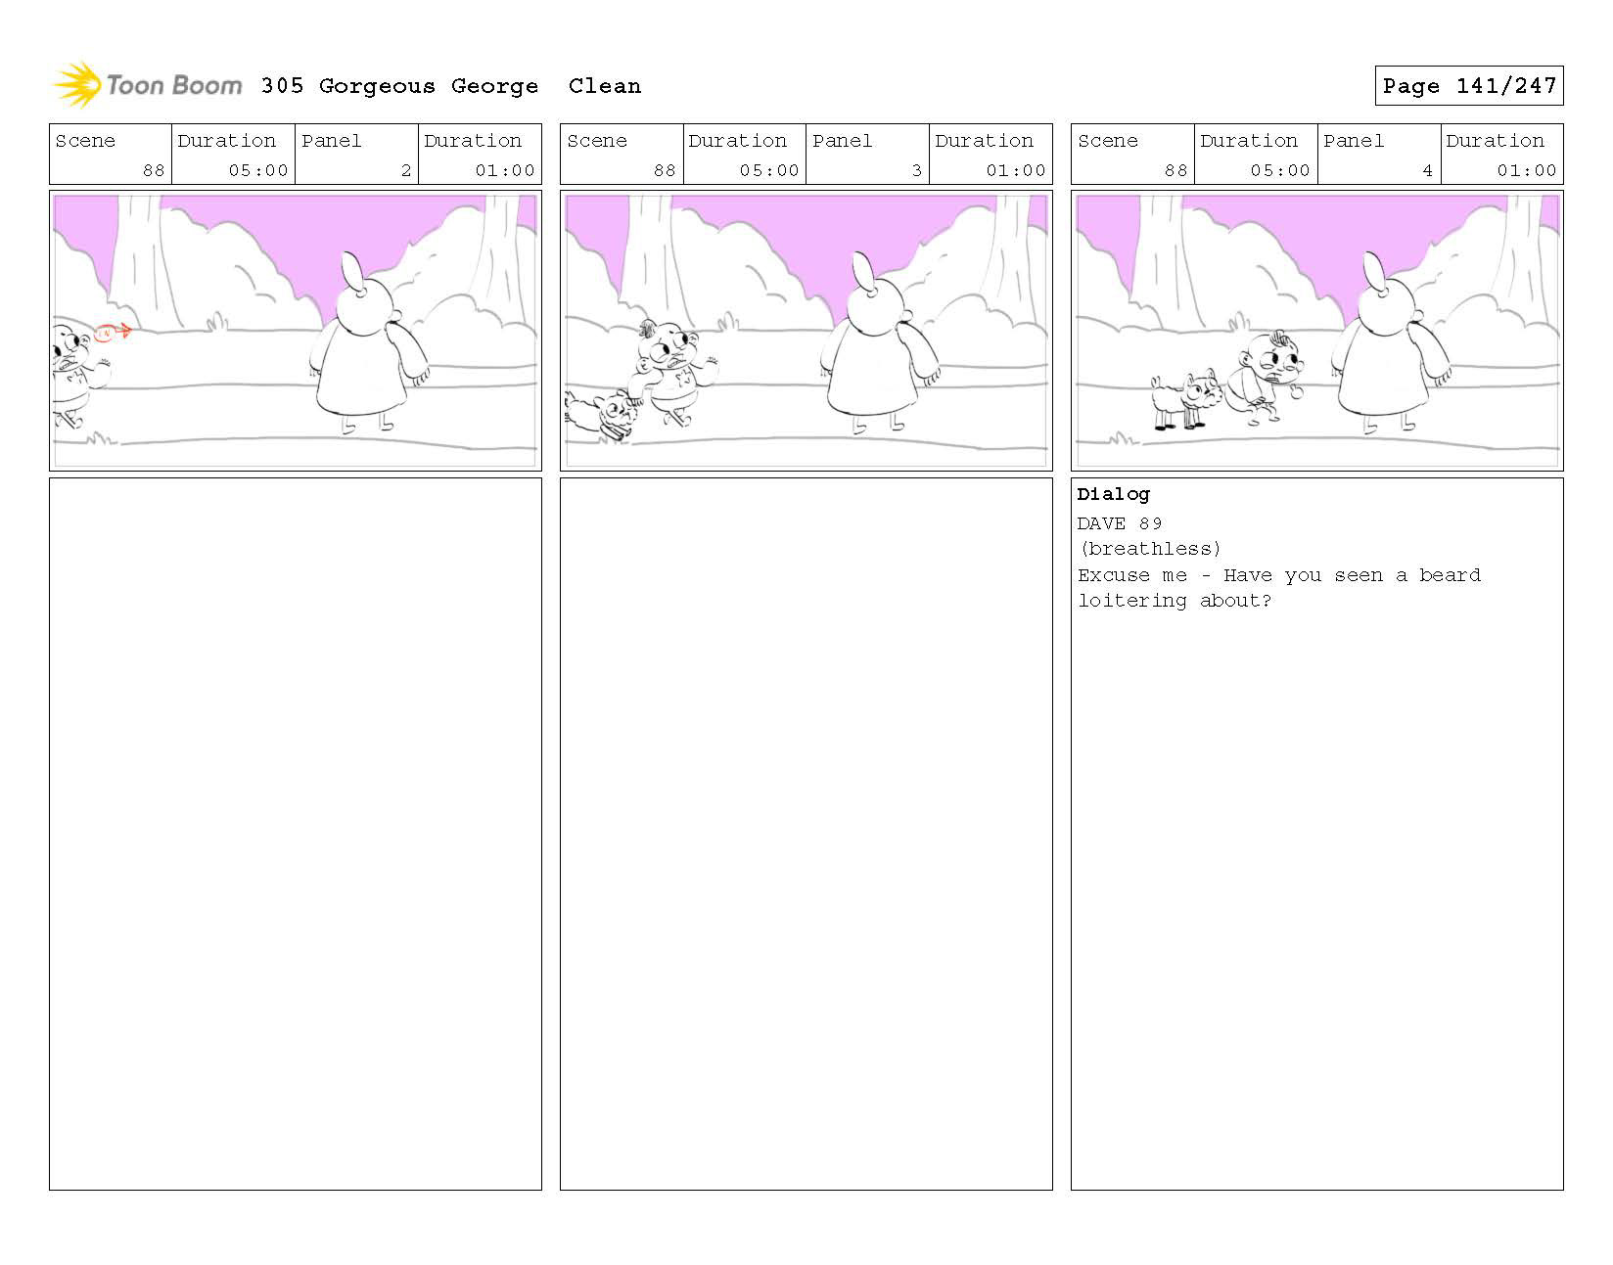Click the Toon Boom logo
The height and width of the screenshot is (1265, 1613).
click(x=147, y=85)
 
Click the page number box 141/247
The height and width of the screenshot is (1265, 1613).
click(x=1468, y=86)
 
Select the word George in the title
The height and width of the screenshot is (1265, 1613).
click(x=494, y=86)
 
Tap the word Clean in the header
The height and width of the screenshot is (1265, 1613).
click(x=605, y=86)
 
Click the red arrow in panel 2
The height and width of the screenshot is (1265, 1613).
click(x=114, y=333)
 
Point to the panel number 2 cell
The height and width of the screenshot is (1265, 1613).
click(x=356, y=155)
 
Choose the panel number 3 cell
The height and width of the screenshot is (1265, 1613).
click(x=867, y=155)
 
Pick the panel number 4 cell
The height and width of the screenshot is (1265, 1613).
click(x=1378, y=155)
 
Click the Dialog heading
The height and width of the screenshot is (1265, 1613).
click(x=1113, y=494)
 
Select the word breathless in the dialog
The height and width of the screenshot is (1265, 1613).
click(x=1150, y=549)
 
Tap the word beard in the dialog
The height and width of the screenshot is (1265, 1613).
click(x=1450, y=575)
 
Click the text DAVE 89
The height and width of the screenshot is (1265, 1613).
click(x=1120, y=523)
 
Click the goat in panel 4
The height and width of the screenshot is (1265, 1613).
click(x=1185, y=400)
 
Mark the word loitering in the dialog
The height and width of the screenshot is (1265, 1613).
click(x=1131, y=601)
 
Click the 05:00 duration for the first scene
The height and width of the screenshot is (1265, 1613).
click(x=258, y=170)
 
